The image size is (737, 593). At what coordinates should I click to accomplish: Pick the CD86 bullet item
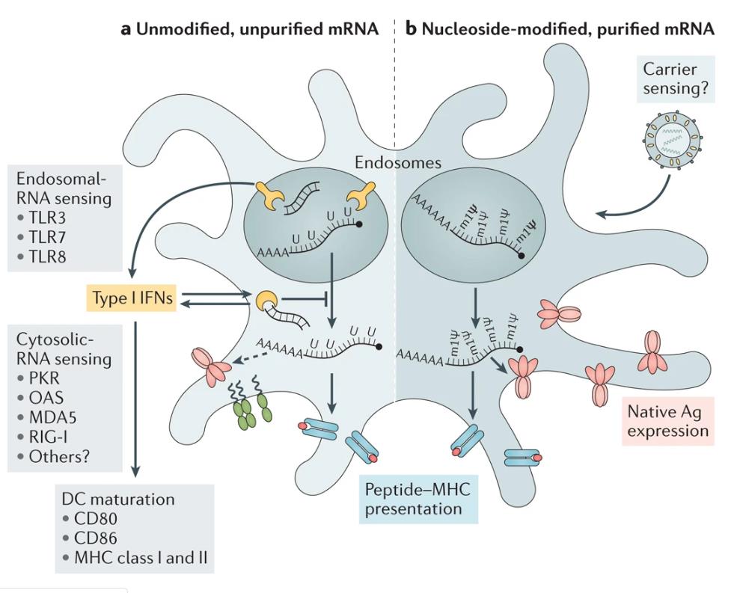tap(97, 538)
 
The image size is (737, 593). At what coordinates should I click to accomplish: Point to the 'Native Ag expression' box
tap(665, 420)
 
